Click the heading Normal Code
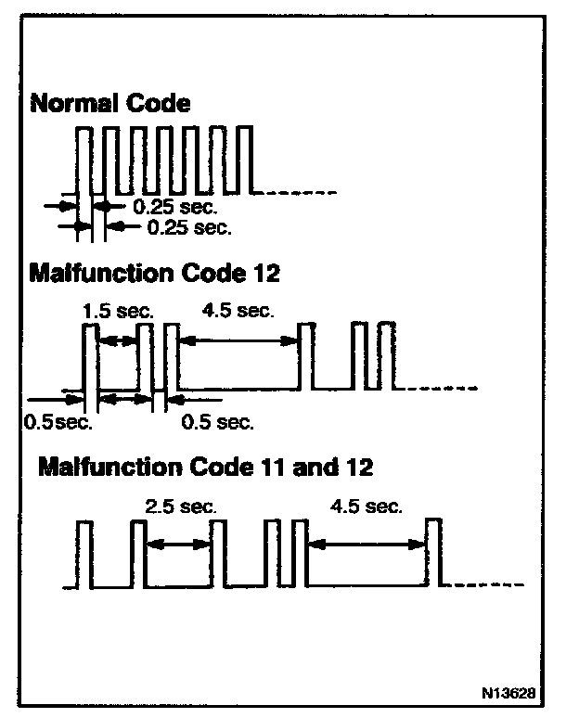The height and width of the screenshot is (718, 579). point(110,103)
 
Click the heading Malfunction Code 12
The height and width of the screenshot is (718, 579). point(154,274)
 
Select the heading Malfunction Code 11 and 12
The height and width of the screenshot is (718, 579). point(205,467)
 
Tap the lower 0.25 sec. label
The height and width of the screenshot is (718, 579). point(189,226)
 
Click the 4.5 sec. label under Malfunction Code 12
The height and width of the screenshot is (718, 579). point(237,311)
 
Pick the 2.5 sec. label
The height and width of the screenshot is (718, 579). point(181,506)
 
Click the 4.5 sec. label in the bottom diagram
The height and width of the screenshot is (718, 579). point(367,506)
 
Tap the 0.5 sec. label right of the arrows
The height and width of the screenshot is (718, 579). point(217,422)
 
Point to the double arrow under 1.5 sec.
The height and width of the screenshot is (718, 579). point(118,341)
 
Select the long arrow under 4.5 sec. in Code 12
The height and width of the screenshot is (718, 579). point(238,341)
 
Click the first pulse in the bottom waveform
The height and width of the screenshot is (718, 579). point(84,555)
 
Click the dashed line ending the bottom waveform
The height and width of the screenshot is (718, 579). point(487,585)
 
